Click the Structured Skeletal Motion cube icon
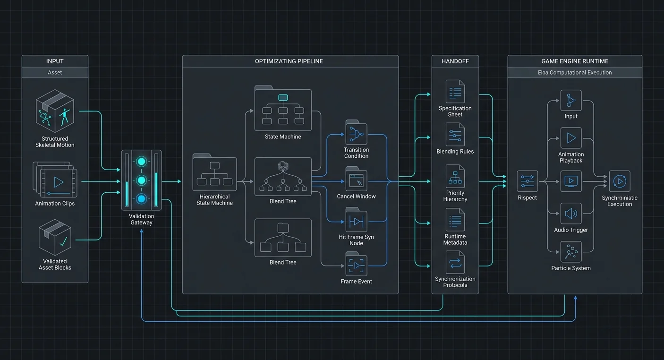point(55,111)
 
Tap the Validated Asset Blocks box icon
point(55,237)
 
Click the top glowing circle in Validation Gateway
point(141,162)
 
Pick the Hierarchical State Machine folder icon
point(214,172)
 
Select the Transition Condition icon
point(356,133)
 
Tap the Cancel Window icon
point(356,179)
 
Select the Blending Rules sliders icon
point(455,135)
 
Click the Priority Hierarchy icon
point(455,176)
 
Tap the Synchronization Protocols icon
point(455,262)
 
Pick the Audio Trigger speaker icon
point(571,214)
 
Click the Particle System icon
point(571,252)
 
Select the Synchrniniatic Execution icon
point(620,181)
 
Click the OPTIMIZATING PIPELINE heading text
point(289,61)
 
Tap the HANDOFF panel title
point(455,61)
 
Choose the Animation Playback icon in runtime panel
point(571,138)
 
